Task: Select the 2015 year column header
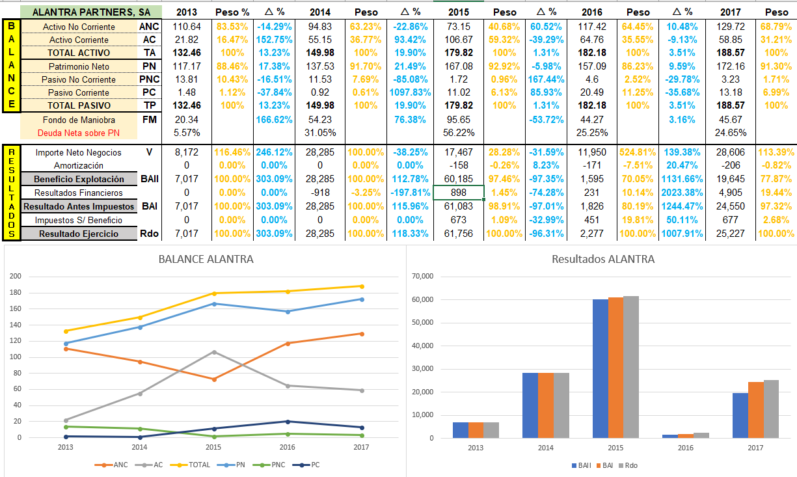(x=459, y=12)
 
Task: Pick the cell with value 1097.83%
(x=412, y=92)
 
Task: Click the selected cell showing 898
(x=459, y=193)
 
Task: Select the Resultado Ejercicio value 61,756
(x=459, y=233)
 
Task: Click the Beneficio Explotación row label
(x=79, y=179)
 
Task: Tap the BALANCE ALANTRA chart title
(x=206, y=260)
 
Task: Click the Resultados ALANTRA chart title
(x=602, y=259)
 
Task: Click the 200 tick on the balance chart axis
(x=16, y=277)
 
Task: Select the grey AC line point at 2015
(x=213, y=352)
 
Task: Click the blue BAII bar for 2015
(x=600, y=368)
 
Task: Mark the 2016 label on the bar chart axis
(x=685, y=448)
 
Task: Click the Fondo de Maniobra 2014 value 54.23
(x=319, y=120)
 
